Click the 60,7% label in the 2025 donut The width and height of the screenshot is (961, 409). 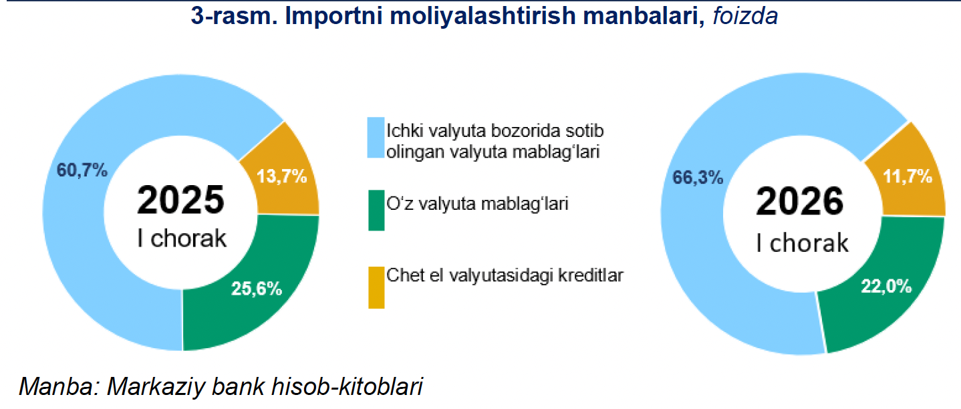pyautogui.click(x=82, y=170)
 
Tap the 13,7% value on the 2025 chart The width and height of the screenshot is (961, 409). pyautogui.click(x=281, y=176)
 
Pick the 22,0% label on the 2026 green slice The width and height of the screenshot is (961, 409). pyautogui.click(x=887, y=287)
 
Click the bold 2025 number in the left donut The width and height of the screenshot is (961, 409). pyautogui.click(x=180, y=200)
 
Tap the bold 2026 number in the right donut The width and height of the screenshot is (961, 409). pyautogui.click(x=800, y=202)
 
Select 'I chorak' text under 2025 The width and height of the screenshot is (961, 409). pyautogui.click(x=182, y=239)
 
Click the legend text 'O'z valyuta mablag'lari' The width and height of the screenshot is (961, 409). pyautogui.click(x=477, y=204)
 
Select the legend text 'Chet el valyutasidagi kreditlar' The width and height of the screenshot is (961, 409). pyautogui.click(x=505, y=275)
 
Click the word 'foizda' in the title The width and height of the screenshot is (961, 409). pyautogui.click(x=744, y=16)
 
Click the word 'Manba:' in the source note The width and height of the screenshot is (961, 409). pyautogui.click(x=57, y=387)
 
